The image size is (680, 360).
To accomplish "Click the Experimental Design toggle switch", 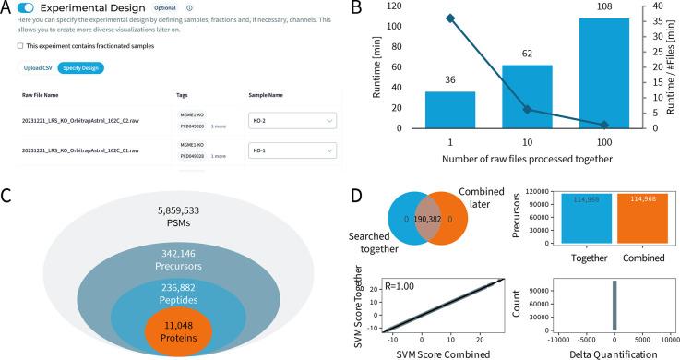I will [x=25, y=8].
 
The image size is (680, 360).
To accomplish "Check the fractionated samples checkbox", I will [x=20, y=45].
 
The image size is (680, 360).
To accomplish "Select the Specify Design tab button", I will [x=80, y=68].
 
